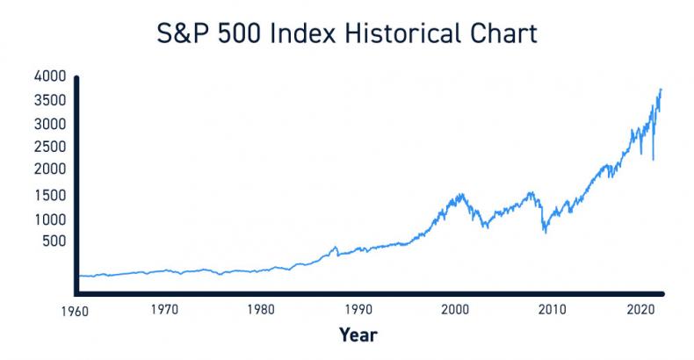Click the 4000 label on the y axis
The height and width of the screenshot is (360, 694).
(49, 76)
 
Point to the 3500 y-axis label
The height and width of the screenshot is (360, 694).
(49, 100)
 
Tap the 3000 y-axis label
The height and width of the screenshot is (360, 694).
(49, 124)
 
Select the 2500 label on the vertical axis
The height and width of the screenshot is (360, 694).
(49, 146)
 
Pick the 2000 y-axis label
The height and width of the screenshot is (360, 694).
(49, 169)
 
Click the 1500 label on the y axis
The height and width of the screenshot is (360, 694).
(50, 196)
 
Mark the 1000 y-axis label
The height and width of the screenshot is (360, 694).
(50, 220)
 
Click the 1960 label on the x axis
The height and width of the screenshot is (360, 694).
(66, 310)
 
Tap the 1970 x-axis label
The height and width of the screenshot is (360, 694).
(164, 310)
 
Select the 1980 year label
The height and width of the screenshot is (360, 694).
(261, 310)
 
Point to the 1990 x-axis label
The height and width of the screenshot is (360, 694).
(358, 310)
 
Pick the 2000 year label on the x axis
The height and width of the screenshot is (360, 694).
(455, 310)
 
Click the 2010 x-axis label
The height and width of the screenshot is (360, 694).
(552, 310)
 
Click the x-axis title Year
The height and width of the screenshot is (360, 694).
(359, 335)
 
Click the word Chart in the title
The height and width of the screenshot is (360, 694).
(499, 37)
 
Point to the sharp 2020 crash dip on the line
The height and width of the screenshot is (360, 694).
(653, 158)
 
